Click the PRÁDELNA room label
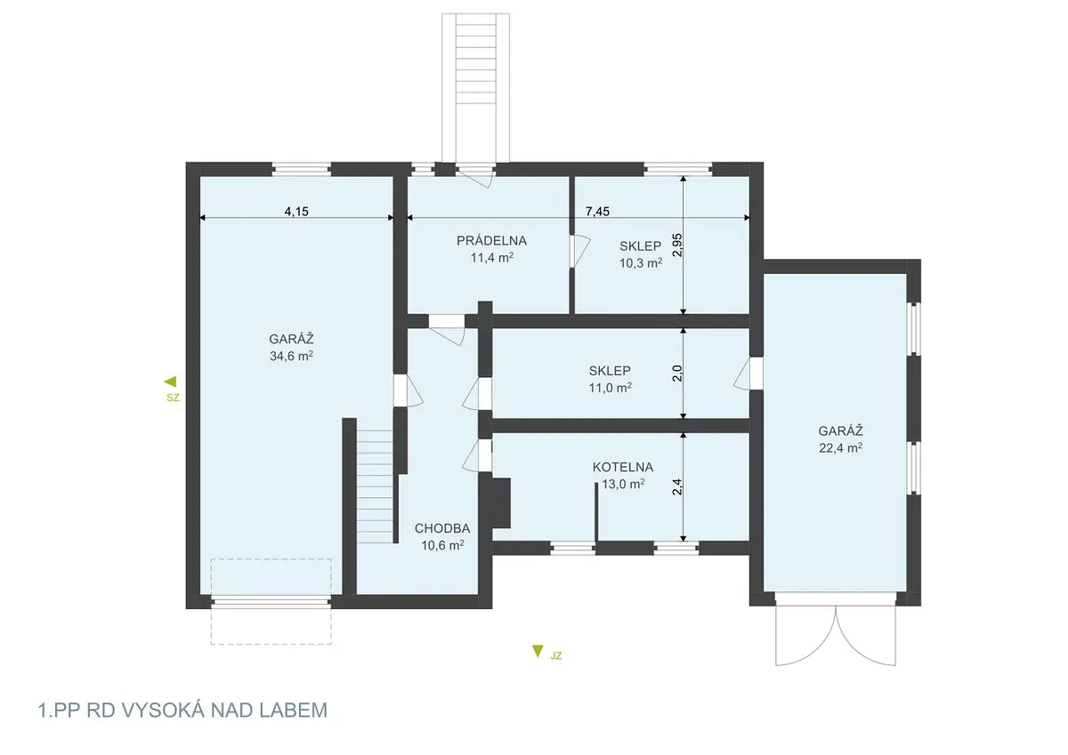pos(491,241)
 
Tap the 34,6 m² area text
pos(291,356)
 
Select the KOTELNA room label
pos(623,467)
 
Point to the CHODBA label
pos(442,528)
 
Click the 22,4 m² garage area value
pos(840,448)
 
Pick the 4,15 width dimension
pos(296,211)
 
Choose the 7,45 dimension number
pos(597,211)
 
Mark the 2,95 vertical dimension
pos(677,245)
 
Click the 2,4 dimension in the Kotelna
pos(677,486)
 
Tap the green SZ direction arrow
pos(171,382)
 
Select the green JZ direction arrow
pos(538,651)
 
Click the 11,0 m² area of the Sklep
pos(610,388)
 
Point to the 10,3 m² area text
pos(640,263)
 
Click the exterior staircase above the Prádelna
pos(475,88)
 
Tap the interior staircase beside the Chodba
pos(376,486)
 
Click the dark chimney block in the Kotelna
pos(497,502)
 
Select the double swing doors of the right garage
pos(836,636)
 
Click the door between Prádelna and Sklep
pos(579,251)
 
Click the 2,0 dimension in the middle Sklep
pos(677,373)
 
